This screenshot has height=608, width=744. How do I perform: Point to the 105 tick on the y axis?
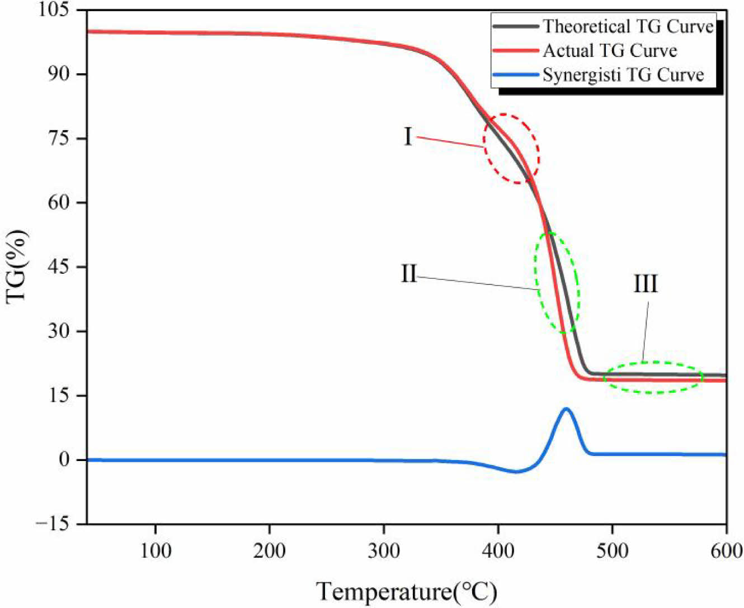63,10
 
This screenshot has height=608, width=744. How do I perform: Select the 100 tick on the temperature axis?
155,551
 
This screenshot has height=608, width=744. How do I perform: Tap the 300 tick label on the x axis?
384,551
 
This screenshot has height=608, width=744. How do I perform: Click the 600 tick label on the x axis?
726,551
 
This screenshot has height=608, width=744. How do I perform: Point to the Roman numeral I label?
408,136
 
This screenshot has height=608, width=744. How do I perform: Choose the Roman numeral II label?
409,274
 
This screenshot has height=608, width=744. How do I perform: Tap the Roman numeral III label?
646,284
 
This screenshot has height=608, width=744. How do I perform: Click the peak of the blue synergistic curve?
566,409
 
